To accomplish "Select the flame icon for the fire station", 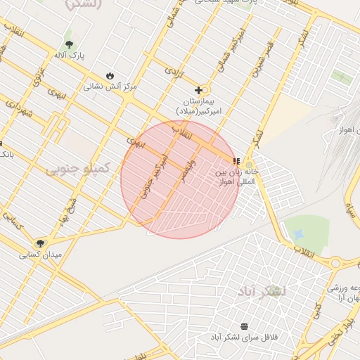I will [110, 75].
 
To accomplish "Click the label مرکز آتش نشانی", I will [110, 86].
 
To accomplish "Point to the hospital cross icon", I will [199, 90].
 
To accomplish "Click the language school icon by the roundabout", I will [237, 161].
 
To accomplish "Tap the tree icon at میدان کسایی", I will [41, 243].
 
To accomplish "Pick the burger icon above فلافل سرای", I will [244, 326].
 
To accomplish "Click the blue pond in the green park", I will [298, 233].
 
